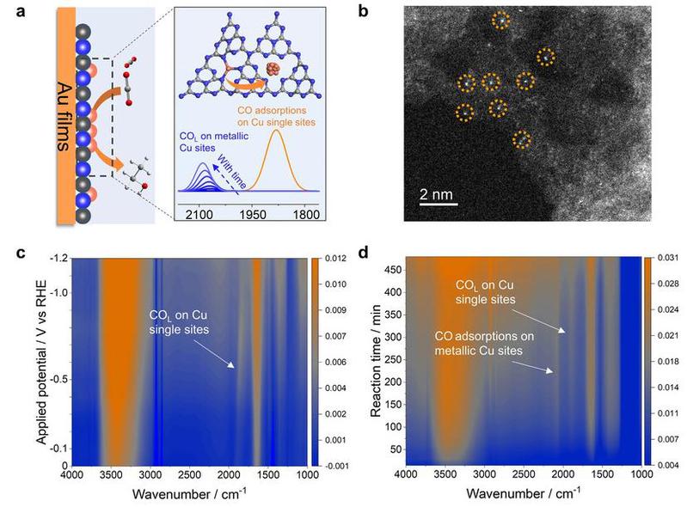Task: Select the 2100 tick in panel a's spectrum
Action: coord(199,215)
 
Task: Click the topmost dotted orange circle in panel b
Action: coord(500,20)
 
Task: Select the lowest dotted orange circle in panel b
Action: coord(521,139)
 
